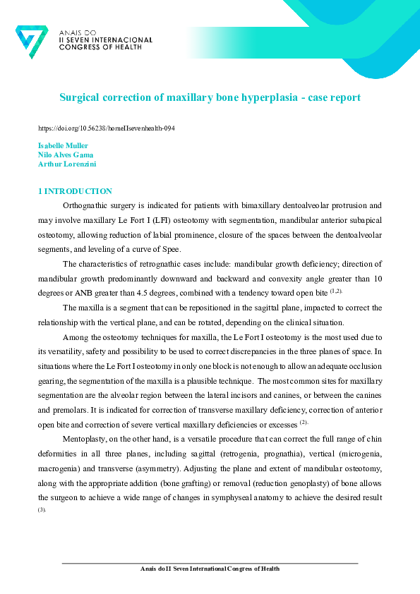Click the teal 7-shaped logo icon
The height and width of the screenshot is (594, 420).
pyautogui.click(x=32, y=42)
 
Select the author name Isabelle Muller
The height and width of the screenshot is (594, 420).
pyautogui.click(x=62, y=145)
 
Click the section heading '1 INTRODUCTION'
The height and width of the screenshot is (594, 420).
pyautogui.click(x=74, y=191)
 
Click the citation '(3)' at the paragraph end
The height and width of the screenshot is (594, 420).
pyautogui.click(x=42, y=509)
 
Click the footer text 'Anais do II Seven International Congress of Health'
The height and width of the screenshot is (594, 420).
pyautogui.click(x=210, y=569)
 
